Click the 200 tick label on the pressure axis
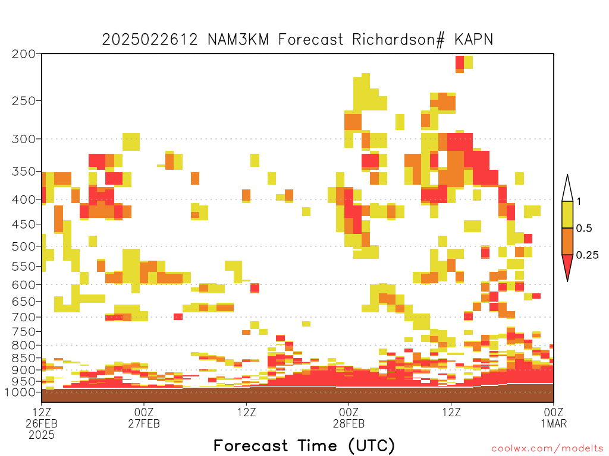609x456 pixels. coord(24,54)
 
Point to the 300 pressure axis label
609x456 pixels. coord(24,139)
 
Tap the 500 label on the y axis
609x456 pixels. coord(24,246)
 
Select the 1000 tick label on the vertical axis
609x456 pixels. coord(20,392)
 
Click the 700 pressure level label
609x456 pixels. coord(24,317)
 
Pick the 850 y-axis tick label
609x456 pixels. coord(24,358)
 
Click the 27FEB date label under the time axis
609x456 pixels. coord(144,423)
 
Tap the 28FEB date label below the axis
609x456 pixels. coord(349,423)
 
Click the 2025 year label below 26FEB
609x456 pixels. coord(42,435)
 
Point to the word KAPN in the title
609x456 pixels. coord(473,40)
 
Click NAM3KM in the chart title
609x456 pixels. coord(238,40)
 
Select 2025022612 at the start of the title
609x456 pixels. coord(150,40)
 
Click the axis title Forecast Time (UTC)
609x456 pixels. coord(304,445)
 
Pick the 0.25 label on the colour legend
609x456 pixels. coord(587,255)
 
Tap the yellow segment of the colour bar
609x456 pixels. coord(567,214)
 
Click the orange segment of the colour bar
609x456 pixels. coord(567,241)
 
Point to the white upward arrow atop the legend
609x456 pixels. coord(567,188)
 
